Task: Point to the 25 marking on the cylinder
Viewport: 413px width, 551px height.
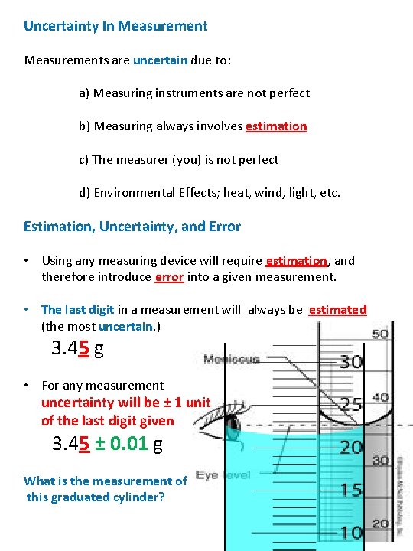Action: pos(350,404)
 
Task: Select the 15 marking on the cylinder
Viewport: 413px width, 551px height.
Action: pos(350,490)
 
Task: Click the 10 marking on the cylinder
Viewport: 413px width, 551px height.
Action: pos(350,533)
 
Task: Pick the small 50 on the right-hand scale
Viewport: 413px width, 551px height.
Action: pos(380,335)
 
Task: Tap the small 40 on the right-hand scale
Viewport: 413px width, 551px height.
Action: pos(380,398)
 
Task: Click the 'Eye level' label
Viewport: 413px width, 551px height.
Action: pos(223,475)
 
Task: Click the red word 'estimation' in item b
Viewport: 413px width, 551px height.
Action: pos(276,126)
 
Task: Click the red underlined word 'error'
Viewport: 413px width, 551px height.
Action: pos(169,277)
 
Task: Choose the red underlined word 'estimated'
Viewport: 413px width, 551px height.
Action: pos(337,310)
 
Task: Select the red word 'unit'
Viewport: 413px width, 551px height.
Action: pos(197,403)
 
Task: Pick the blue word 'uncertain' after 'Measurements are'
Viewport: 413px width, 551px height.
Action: pos(158,60)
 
